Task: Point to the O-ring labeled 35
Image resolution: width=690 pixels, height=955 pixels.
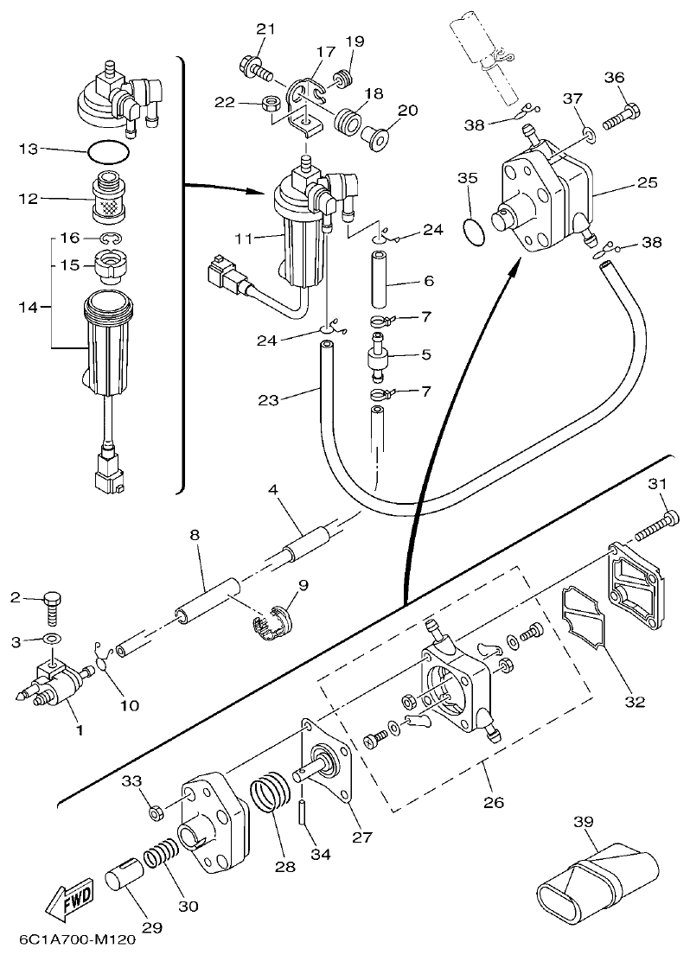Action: click(473, 233)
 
